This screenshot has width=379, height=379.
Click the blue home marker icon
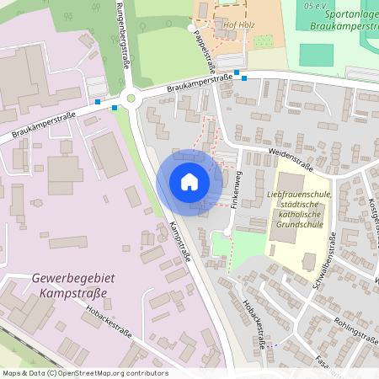coord(189,182)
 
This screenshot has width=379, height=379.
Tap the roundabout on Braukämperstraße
coord(131,99)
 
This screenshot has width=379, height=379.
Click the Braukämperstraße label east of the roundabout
coord(199,83)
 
